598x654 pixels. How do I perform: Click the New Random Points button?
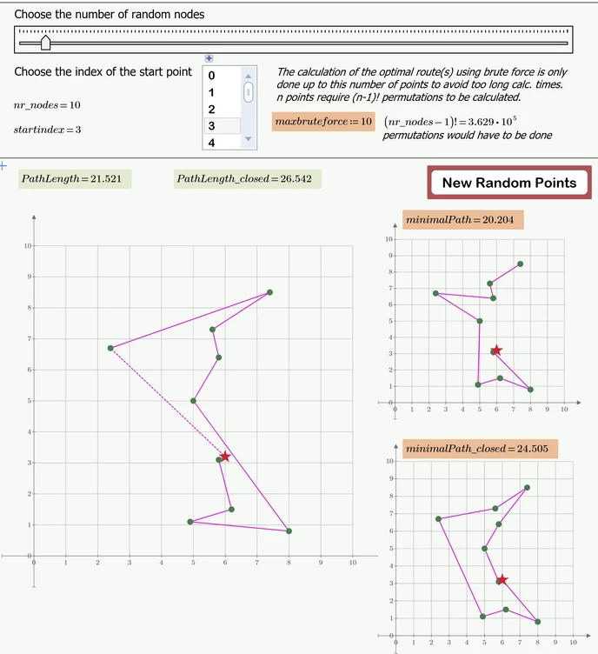pyautogui.click(x=508, y=183)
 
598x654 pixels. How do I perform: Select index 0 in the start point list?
pyautogui.click(x=211, y=76)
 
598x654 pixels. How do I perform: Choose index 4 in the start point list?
pyautogui.click(x=211, y=143)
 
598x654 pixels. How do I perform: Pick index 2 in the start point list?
pyautogui.click(x=211, y=110)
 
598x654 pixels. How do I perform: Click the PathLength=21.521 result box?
pyautogui.click(x=76, y=178)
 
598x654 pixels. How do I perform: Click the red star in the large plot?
pyautogui.click(x=225, y=457)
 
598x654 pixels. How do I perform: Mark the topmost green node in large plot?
pyautogui.click(x=269, y=292)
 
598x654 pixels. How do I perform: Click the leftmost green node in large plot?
pyautogui.click(x=110, y=348)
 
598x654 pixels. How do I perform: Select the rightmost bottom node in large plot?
pyautogui.click(x=289, y=531)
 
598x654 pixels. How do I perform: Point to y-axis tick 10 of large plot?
pyautogui.click(x=28, y=246)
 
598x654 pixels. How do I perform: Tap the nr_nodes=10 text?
pyautogui.click(x=47, y=105)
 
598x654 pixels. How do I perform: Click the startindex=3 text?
pyautogui.click(x=47, y=130)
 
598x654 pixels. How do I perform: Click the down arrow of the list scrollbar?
pyautogui.click(x=248, y=139)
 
